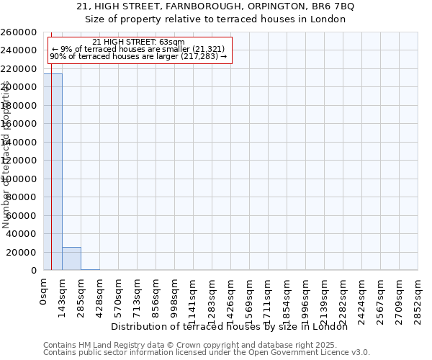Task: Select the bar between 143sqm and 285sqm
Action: (71, 258)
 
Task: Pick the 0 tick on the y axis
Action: (35, 271)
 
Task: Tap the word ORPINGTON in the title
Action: (260, 6)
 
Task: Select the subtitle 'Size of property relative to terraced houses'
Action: (216, 19)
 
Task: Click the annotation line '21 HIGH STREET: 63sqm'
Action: (139, 42)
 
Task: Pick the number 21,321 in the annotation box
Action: (207, 49)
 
